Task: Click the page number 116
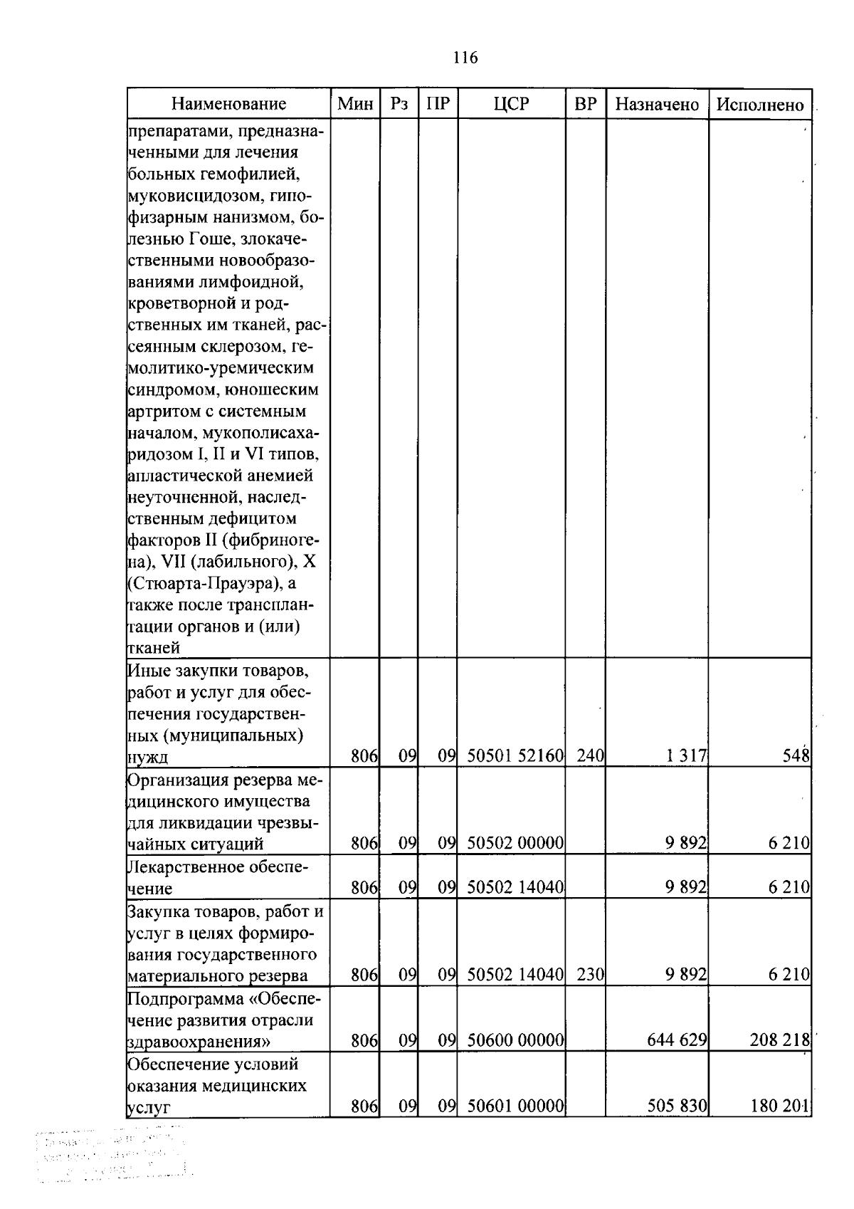[465, 58]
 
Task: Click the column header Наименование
[228, 105]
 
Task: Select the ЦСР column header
[512, 105]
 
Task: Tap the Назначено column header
[657, 105]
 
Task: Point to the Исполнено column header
[760, 105]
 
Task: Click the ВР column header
[585, 105]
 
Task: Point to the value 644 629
[676, 1041]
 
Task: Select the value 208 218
[779, 1041]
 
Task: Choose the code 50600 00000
[515, 1041]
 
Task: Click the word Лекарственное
[186, 867]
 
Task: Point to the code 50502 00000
[515, 844]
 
